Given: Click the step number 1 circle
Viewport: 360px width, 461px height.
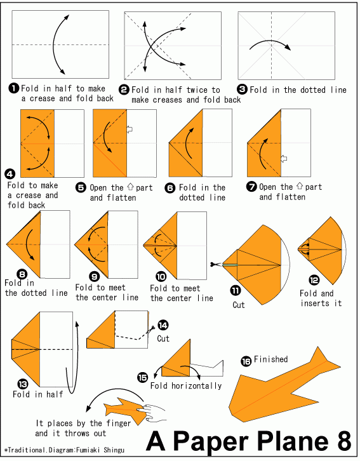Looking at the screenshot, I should click(x=13, y=89).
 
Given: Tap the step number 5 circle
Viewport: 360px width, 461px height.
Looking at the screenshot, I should click(x=81, y=187).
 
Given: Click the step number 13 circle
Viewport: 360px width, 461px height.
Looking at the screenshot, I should click(x=22, y=384).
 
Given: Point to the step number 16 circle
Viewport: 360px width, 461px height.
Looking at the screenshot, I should click(x=246, y=360).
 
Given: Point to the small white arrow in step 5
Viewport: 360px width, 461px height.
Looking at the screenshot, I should click(x=130, y=130).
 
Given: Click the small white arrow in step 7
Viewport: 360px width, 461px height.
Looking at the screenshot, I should click(x=284, y=157).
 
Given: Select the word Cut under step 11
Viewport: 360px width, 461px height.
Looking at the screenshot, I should click(x=239, y=305).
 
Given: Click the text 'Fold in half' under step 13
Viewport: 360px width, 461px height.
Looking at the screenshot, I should click(x=38, y=394).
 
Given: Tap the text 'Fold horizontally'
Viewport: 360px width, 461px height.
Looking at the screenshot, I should click(x=186, y=385).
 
